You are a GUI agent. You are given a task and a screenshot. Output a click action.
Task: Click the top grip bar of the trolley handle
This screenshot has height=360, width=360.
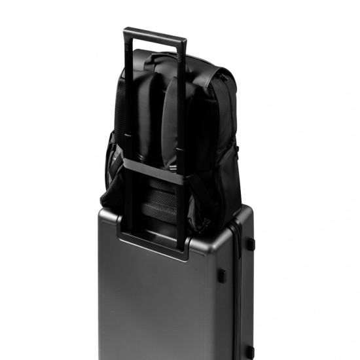point(154,31)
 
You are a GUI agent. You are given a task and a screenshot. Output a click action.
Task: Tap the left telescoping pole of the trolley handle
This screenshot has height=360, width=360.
point(130,118)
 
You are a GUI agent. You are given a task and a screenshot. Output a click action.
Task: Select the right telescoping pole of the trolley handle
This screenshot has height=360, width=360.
point(181,118)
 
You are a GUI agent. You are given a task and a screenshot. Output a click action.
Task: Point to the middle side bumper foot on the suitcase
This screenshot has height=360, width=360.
point(222,273)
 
